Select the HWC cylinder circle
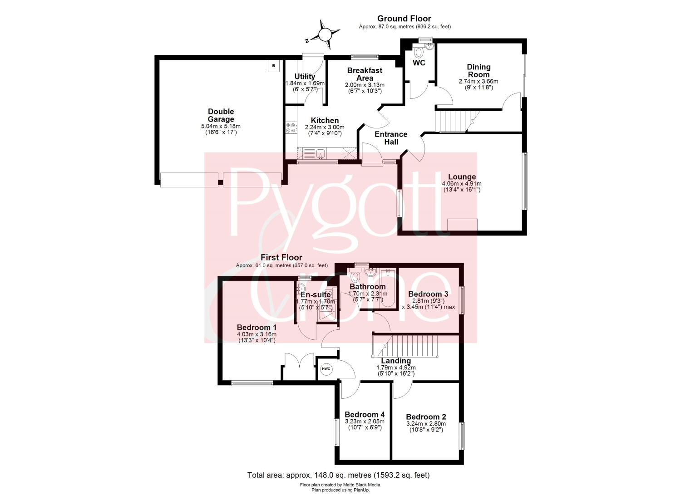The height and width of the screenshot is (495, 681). tap(326, 369)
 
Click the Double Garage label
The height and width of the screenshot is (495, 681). tap(221, 115)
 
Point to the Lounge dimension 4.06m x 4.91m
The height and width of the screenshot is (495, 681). tap(462, 184)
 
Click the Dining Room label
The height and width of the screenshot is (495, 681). tap(479, 71)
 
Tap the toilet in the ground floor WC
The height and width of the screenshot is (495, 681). tap(419, 52)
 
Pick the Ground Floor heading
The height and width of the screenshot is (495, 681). tap(405, 19)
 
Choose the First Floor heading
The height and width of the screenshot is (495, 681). tap(281, 258)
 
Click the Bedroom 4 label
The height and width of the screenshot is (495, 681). tap(365, 415)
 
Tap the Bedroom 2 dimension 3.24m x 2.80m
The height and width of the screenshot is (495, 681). tap(426, 424)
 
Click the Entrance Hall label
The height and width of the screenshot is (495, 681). tap(391, 138)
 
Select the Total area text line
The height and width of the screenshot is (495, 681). tap(338, 475)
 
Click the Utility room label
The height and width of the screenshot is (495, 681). tap(305, 76)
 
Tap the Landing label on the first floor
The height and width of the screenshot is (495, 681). tap(396, 361)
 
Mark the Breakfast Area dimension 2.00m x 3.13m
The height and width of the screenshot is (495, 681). tap(365, 85)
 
